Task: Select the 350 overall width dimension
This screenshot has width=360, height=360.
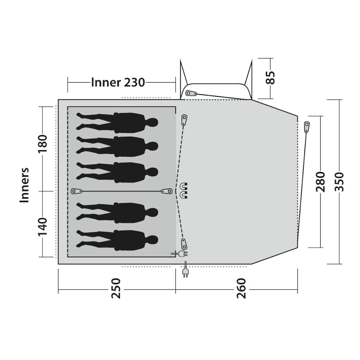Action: [339, 182]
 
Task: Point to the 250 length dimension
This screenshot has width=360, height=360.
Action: [116, 288]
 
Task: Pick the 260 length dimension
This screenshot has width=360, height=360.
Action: [241, 288]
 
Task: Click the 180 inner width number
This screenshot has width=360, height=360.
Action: [43, 143]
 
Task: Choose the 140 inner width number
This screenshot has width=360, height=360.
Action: [43, 227]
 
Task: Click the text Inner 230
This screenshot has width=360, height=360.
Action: [118, 82]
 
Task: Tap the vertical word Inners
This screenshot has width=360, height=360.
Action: [25, 185]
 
